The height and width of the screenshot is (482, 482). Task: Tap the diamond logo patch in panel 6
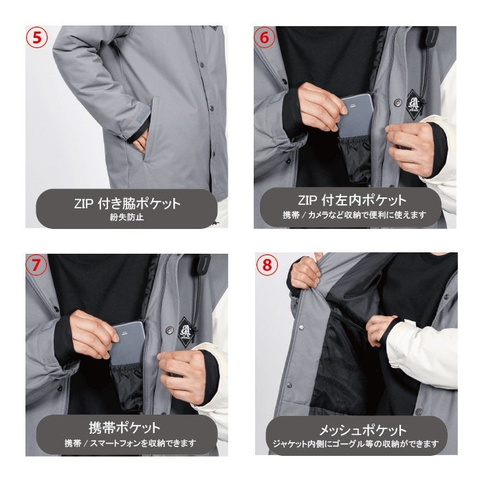412,105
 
